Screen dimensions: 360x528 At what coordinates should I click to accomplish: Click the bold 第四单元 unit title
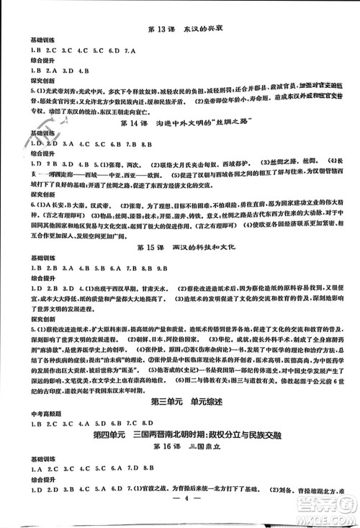pos(181,436)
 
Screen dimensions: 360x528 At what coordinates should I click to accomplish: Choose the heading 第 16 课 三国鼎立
pos(180,449)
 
